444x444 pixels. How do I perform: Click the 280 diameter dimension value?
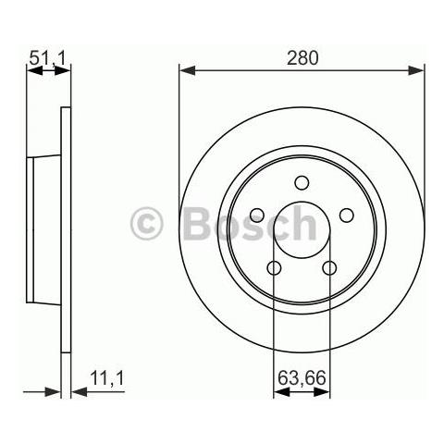[302, 57]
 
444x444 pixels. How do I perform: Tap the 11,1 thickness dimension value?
[107, 377]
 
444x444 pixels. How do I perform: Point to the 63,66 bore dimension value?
[302, 377]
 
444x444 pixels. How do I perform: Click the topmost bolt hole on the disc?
[302, 183]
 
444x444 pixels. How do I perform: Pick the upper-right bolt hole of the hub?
[347, 216]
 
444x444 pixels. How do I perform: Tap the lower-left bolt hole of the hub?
[274, 268]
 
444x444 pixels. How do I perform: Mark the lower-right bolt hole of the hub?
[329, 268]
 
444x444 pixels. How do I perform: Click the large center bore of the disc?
[302, 231]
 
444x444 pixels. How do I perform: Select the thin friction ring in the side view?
[66, 231]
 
